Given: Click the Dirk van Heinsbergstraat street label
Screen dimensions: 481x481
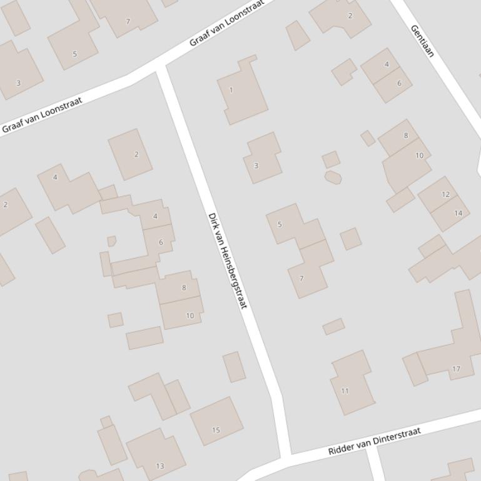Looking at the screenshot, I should [228, 260].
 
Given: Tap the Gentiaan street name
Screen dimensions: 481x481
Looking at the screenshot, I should [422, 41].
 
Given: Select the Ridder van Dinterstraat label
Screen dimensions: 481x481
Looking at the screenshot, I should [374, 440].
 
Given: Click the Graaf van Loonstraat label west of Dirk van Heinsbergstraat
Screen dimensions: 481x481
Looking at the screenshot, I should [42, 115].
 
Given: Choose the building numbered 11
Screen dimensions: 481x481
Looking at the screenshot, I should [352, 384].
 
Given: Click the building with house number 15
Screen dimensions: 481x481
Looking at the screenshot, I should [216, 421].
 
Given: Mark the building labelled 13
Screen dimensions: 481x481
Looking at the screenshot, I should [156, 455].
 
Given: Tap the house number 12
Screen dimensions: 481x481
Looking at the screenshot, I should [445, 194].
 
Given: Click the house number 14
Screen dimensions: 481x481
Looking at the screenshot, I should [458, 213].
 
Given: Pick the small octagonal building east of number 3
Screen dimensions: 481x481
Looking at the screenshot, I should [333, 177].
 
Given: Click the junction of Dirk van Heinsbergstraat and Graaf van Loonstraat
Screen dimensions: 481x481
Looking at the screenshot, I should [161, 67].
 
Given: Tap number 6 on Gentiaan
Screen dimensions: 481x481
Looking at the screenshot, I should [398, 83].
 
